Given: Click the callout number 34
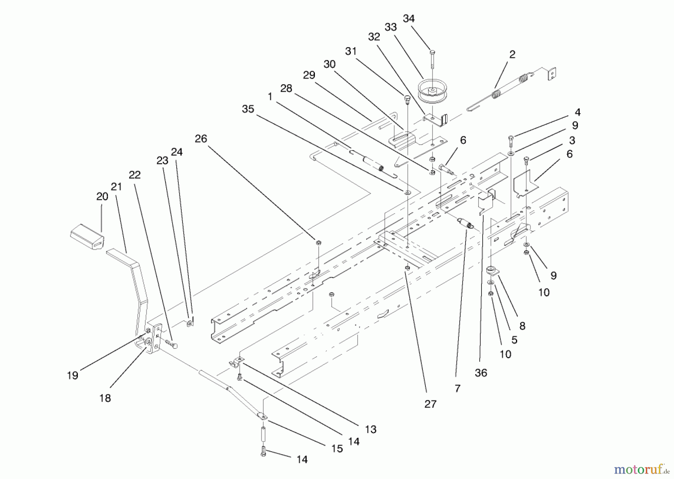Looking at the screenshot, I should [409, 19].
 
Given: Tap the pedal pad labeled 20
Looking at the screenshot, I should [87, 236].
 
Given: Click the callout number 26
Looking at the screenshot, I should [201, 139].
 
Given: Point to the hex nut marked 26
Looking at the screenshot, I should [318, 243].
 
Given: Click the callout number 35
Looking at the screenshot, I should [248, 109].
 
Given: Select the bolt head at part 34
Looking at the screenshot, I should [432, 52].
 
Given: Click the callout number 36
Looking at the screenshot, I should [481, 373].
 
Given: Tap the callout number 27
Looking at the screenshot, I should [430, 404].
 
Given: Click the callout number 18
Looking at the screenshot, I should [105, 398].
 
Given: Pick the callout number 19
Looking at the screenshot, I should [73, 375].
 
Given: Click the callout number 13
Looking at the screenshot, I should [370, 429].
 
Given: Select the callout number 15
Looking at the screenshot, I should [337, 449].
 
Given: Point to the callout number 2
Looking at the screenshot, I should [512, 55].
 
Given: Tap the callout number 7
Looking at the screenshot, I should [457, 389].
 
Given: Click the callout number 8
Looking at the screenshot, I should [522, 326].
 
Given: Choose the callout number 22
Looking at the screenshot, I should [134, 175].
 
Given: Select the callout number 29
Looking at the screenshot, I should [309, 75].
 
